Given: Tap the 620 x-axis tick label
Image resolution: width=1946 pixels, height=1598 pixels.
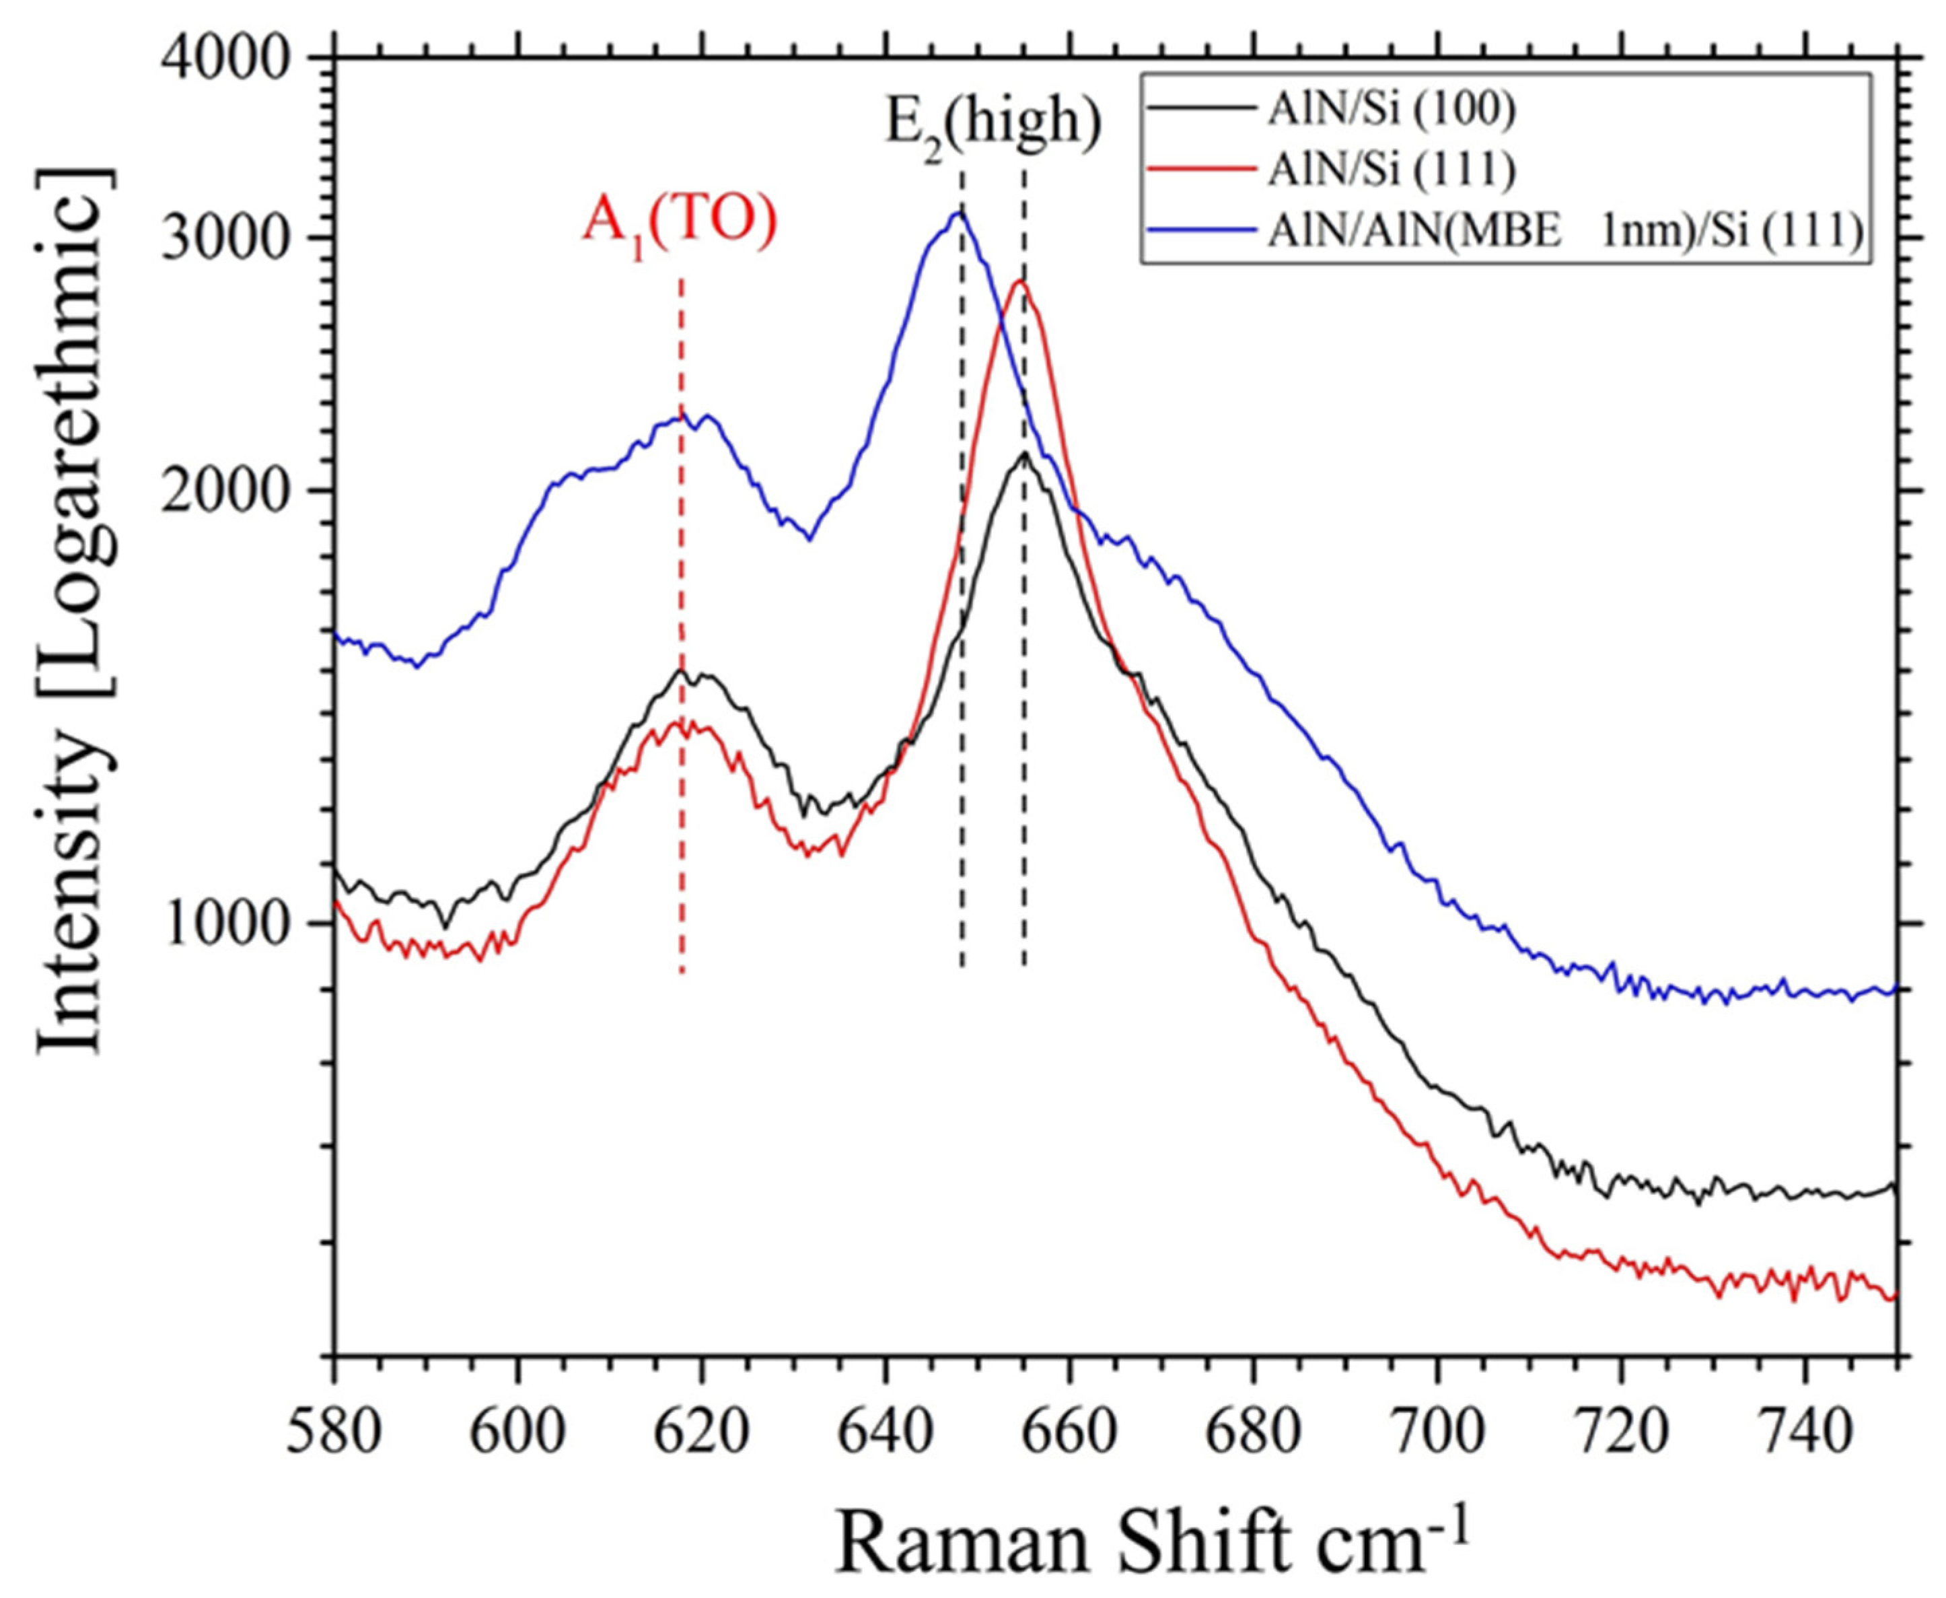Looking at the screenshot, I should click(x=702, y=1432).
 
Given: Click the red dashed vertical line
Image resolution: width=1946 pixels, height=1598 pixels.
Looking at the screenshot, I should click(x=681, y=829).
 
